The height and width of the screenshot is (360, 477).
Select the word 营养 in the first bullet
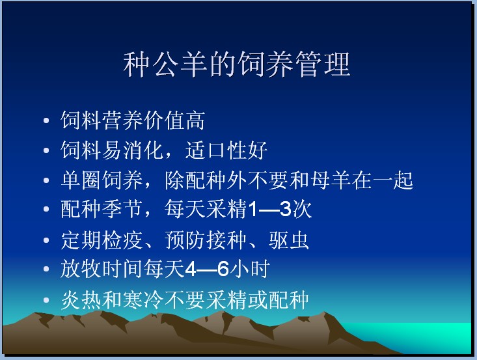click(122, 120)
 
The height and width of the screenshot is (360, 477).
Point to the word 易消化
click(133, 150)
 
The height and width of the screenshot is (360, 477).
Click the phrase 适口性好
click(226, 150)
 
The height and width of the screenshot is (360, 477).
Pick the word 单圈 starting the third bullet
click(80, 180)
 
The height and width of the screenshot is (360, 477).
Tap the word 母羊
click(331, 180)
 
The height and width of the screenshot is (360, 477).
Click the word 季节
click(122, 209)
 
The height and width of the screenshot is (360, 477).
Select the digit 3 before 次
click(285, 209)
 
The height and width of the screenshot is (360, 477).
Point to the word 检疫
click(122, 240)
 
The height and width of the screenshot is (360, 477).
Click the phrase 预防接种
click(206, 240)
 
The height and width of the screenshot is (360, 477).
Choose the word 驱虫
click(289, 240)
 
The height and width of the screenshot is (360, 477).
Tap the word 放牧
click(80, 269)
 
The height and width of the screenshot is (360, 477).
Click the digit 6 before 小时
click(223, 269)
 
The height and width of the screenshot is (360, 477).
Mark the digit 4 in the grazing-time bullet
click(191, 269)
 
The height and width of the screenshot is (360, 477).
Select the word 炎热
click(80, 300)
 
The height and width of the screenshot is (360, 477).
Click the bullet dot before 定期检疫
click(46, 240)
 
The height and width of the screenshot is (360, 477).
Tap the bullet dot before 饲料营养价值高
click(46, 120)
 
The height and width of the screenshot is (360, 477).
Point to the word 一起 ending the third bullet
click(393, 180)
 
